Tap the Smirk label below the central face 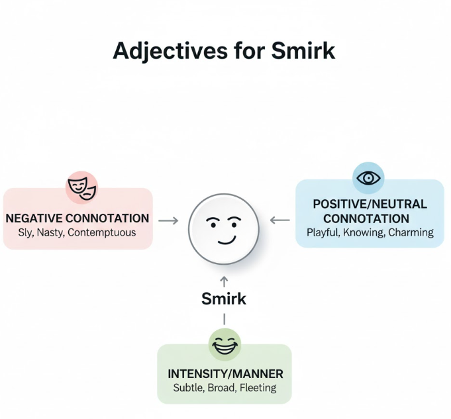(x=224, y=299)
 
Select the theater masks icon (x=82, y=187)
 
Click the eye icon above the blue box (x=368, y=178)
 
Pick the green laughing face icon (x=225, y=344)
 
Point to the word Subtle (x=189, y=388)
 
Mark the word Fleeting (x=259, y=388)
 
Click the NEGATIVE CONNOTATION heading (x=77, y=218)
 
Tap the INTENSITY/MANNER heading (x=225, y=373)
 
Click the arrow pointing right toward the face (x=168, y=220)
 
